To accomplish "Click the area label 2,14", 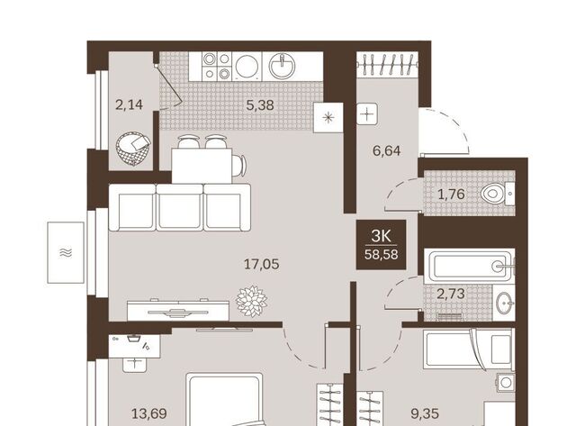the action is (x=129, y=105).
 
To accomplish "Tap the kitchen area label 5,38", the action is (x=260, y=105).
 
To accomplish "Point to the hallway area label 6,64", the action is (x=386, y=150).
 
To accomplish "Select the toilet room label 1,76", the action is (x=451, y=194).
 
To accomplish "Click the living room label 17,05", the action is (x=262, y=264).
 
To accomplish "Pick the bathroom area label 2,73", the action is (x=451, y=294).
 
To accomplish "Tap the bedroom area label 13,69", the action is (x=149, y=414).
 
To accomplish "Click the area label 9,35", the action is (x=425, y=414).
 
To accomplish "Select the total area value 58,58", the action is (x=382, y=254).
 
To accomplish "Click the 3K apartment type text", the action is (x=382, y=236).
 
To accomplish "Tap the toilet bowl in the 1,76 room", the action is (x=493, y=194).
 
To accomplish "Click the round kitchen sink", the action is (x=282, y=66).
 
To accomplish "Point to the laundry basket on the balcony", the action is (x=133, y=149).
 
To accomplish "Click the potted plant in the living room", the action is (x=252, y=302).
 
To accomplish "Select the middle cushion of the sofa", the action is (x=180, y=207).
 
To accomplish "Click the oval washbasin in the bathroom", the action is (x=504, y=303).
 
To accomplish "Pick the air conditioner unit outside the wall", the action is (x=66, y=252).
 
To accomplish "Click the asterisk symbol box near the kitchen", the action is (x=328, y=118).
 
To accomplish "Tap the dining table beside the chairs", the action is (x=202, y=166).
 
